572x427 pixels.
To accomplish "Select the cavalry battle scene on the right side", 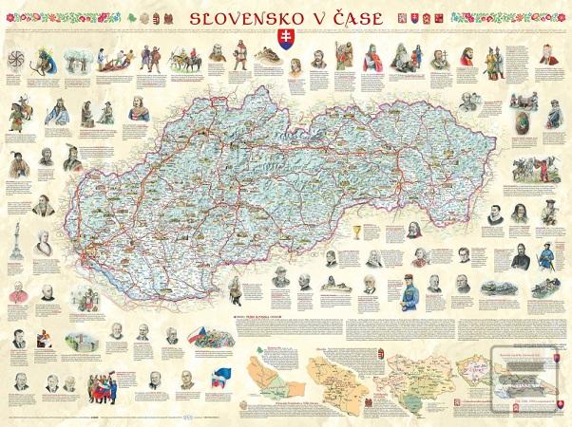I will pyautogui.click(x=538, y=169).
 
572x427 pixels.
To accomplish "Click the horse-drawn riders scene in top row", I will pyautogui.click(x=181, y=60).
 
